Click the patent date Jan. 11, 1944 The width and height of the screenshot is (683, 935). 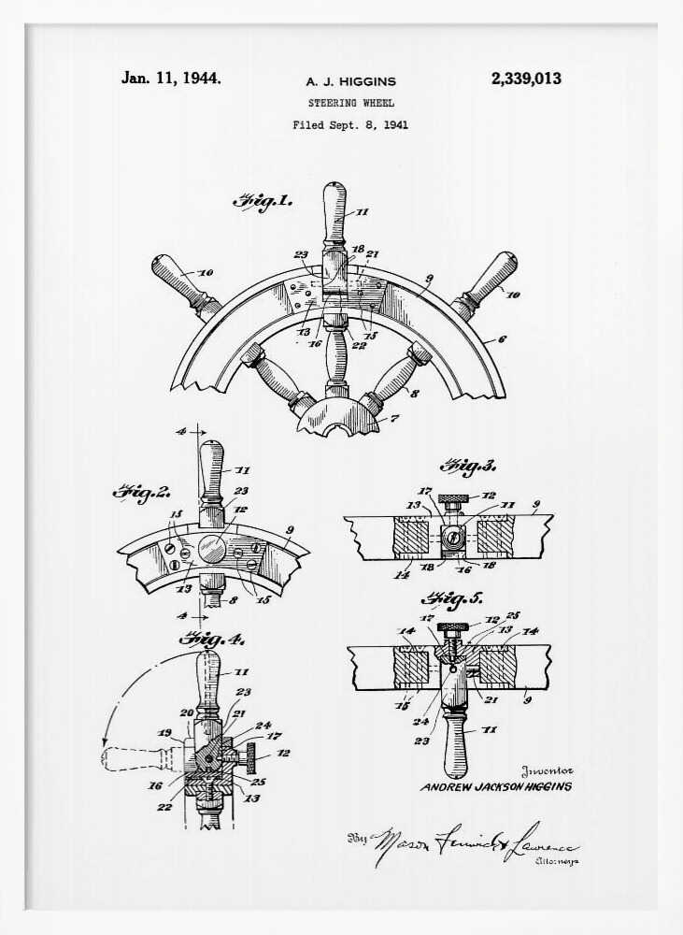[171, 79]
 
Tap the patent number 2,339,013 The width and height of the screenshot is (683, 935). [526, 79]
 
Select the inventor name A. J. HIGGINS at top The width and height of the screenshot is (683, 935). [350, 82]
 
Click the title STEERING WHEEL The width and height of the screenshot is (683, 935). [350, 103]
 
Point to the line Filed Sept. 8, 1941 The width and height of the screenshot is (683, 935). [350, 124]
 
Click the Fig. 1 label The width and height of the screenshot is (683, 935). [263, 200]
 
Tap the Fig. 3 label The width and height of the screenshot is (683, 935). [468, 465]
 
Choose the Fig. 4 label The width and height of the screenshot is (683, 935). [211, 640]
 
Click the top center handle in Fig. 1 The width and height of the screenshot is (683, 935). [334, 213]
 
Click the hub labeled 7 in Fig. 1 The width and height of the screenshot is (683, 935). [340, 417]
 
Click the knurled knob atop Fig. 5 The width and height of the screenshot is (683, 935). [454, 626]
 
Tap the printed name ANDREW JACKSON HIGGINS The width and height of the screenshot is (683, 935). [495, 786]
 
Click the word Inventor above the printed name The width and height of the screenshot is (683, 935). [547, 771]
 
